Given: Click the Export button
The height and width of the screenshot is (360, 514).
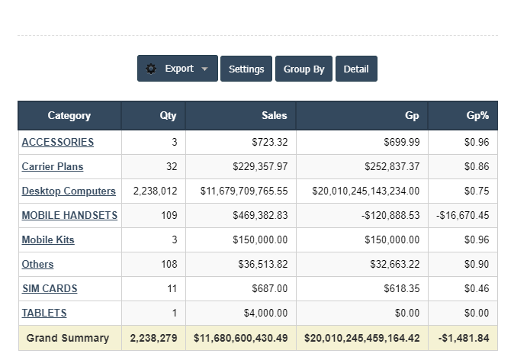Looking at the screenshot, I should [x=178, y=69].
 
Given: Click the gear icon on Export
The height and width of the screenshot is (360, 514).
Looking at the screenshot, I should [x=151, y=69].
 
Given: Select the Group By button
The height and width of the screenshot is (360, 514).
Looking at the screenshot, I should [x=304, y=69].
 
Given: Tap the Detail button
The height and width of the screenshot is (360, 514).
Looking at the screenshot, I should [x=356, y=69].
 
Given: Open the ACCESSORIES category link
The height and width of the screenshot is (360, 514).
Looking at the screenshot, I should [x=58, y=142].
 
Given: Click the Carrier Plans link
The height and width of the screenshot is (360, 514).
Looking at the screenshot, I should [x=53, y=166].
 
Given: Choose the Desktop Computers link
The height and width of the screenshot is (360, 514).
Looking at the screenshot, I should [x=69, y=191].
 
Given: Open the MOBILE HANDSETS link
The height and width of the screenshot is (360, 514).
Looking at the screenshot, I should [x=69, y=215].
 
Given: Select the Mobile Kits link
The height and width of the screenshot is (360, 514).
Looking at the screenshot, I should [x=48, y=239].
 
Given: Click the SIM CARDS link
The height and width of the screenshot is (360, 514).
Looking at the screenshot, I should [x=50, y=288].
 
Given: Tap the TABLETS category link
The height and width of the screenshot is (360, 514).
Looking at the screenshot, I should [x=44, y=313].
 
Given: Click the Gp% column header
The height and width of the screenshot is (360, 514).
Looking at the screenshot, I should [x=477, y=116].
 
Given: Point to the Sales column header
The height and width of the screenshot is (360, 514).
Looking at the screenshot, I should [x=275, y=116].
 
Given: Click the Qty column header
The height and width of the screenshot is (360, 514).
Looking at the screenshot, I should [x=168, y=116].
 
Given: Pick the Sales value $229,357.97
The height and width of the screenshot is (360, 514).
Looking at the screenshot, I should [x=260, y=166].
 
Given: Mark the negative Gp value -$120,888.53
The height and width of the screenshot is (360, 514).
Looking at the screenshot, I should [x=390, y=215].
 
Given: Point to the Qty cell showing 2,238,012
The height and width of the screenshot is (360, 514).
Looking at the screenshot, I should [x=155, y=191].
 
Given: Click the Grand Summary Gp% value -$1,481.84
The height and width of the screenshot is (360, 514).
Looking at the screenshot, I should [x=463, y=338].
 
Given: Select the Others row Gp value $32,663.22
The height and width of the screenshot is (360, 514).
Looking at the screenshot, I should [x=393, y=264].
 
